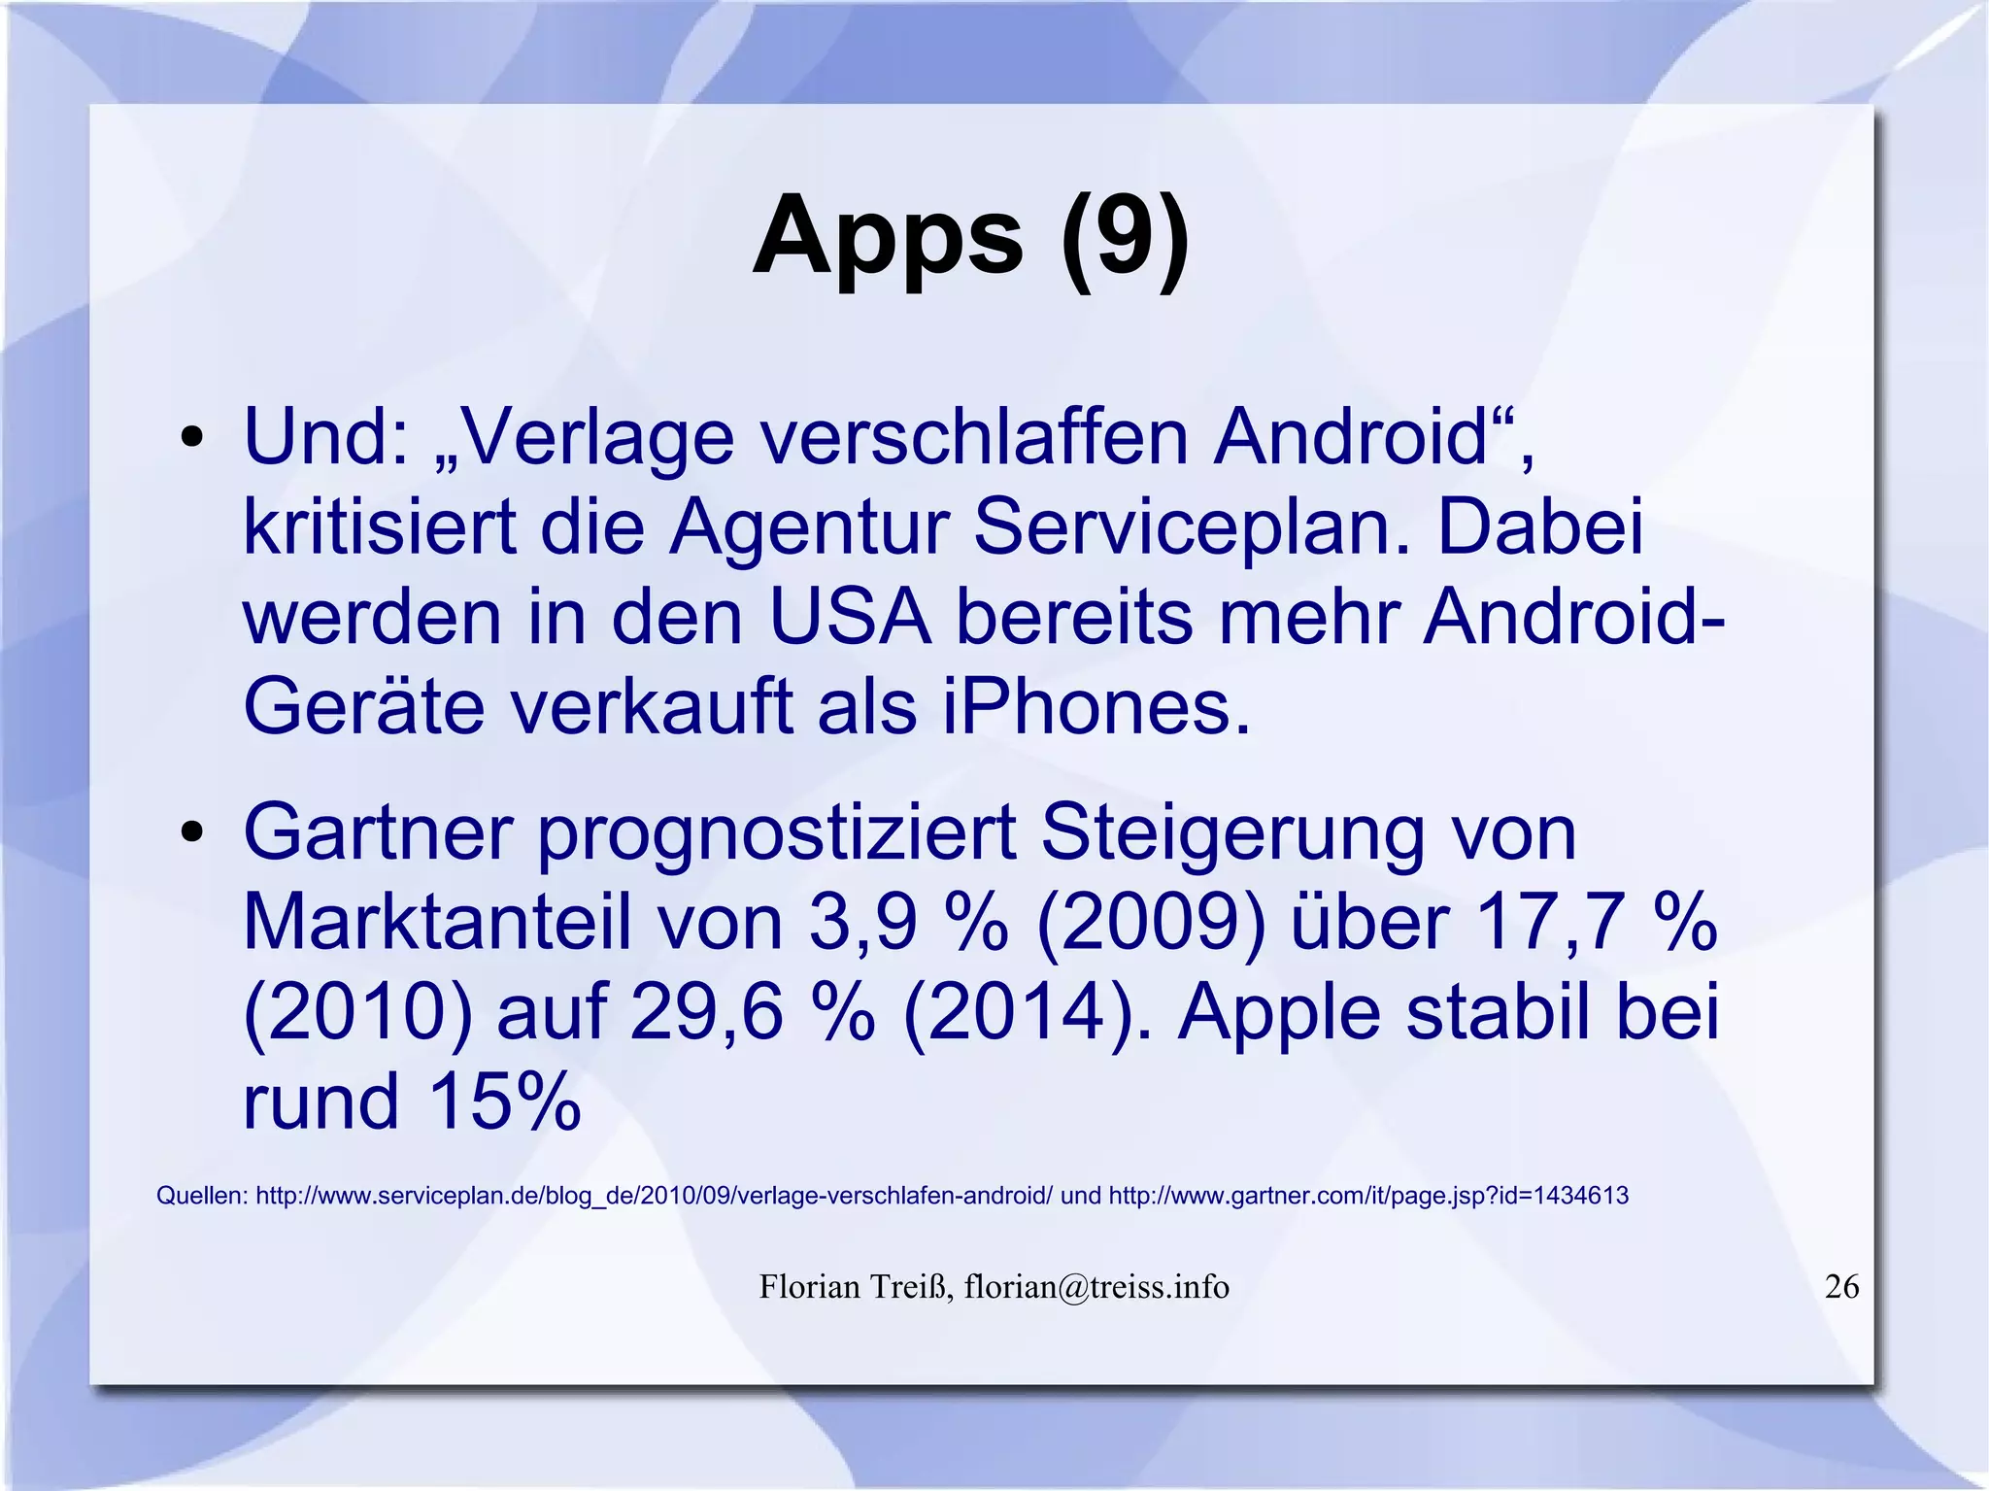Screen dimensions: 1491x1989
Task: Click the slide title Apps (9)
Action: click(970, 238)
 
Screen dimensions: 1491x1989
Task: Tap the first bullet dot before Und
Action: click(191, 437)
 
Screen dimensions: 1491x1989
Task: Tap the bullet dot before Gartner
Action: click(191, 832)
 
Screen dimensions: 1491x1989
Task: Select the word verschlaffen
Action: click(974, 437)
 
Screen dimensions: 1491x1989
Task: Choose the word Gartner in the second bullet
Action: click(378, 832)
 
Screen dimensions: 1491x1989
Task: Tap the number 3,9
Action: click(862, 923)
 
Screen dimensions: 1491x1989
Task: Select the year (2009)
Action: click(1152, 923)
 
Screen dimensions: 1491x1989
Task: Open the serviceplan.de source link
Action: click(654, 1196)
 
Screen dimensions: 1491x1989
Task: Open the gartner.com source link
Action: click(1368, 1196)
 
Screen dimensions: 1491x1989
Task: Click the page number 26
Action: click(1842, 1286)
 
